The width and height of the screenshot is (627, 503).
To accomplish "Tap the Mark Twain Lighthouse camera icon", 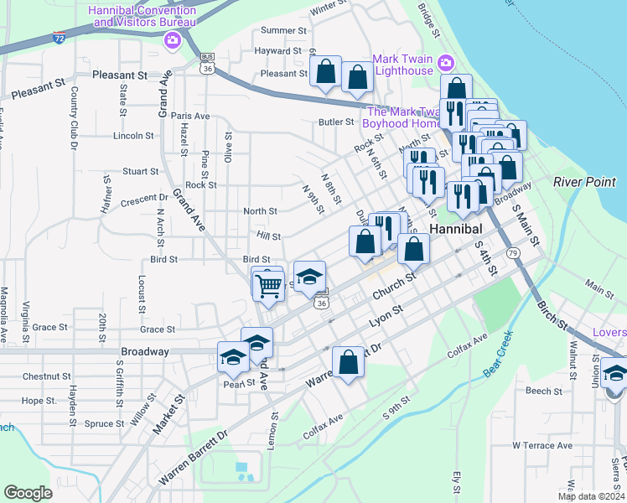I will coord(446,64).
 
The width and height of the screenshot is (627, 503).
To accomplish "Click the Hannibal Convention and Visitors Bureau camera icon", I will coord(173,39).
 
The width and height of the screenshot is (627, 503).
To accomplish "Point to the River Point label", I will coord(584,182).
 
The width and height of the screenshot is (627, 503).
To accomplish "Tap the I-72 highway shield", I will coord(58,39).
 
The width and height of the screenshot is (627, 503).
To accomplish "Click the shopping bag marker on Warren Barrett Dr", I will coord(348,363).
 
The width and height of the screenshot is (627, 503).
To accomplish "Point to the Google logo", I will coord(28,493).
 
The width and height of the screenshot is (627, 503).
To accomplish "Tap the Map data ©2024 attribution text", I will coord(590,496).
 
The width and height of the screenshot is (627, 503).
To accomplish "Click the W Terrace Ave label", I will coord(541,445).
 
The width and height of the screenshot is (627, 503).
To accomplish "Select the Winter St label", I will coord(328,9).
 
